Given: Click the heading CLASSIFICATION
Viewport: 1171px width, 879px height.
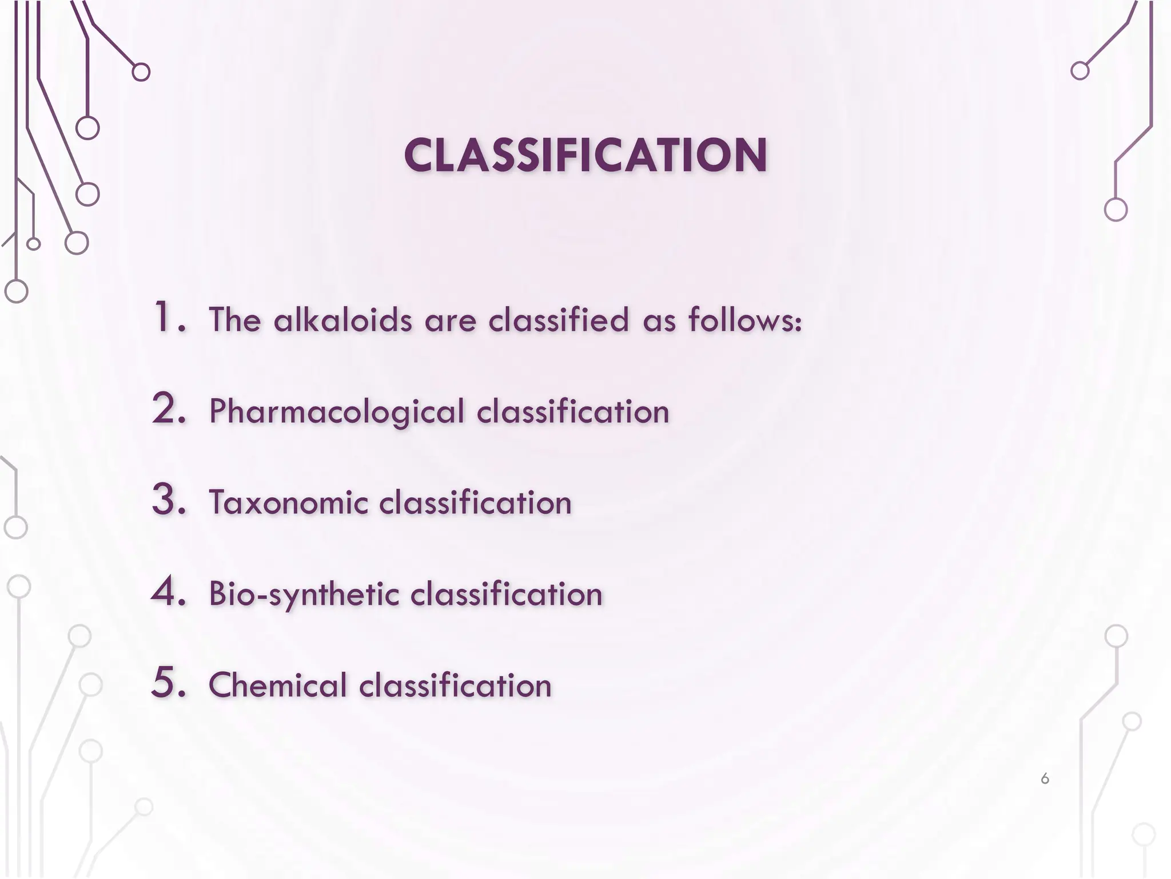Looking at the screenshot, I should [585, 156].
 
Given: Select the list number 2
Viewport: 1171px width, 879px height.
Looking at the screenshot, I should [169, 409].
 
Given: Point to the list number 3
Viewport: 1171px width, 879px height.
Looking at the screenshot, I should [169, 501].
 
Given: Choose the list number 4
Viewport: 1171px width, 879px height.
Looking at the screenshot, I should [169, 592].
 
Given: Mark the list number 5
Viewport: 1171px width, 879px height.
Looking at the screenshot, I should [169, 683].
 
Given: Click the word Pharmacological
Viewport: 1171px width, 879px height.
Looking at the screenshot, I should [337, 412].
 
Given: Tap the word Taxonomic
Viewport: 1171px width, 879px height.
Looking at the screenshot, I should [289, 503].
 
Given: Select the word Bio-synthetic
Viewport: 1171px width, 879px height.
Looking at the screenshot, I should [304, 595].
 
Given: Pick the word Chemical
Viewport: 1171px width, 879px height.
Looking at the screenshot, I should [278, 685].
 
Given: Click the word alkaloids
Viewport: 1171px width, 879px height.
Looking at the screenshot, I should [342, 319].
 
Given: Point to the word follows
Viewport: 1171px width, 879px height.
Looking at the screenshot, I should [744, 319].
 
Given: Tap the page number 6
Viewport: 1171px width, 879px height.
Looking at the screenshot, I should [1045, 778].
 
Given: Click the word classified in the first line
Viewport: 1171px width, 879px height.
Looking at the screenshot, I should [559, 319].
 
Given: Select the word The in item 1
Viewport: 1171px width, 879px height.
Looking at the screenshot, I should [235, 319].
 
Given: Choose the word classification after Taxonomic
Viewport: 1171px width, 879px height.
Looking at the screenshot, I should [475, 503].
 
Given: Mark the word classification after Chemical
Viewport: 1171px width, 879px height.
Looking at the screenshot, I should [455, 685].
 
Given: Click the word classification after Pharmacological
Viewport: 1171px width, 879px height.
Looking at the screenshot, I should [573, 412].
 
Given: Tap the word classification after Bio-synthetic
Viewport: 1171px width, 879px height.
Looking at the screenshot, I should [507, 595].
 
